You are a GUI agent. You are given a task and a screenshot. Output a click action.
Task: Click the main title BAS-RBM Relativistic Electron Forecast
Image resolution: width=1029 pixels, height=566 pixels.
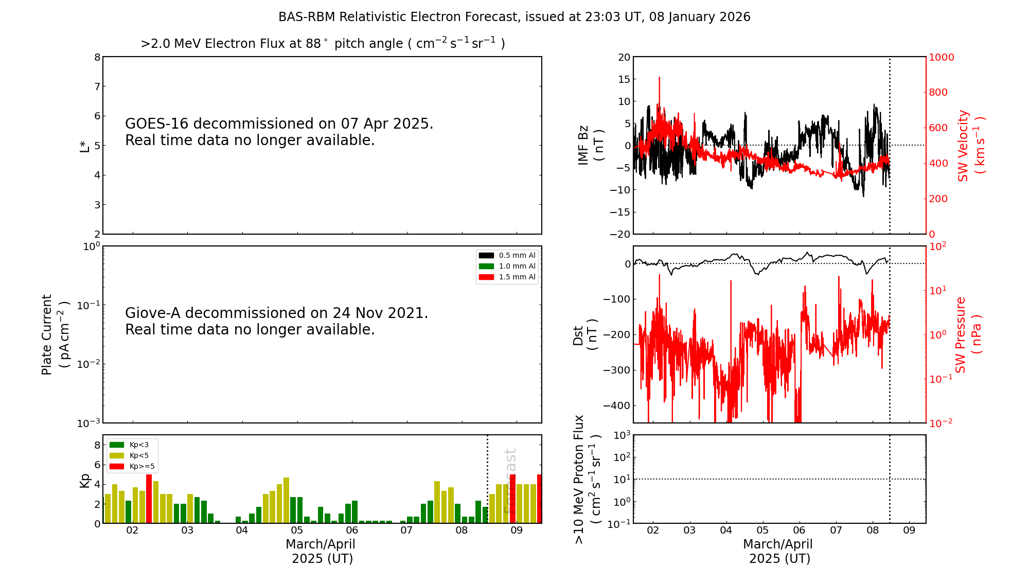point(514,17)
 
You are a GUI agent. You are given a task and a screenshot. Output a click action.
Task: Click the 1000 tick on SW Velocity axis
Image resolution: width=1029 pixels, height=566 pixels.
point(941,57)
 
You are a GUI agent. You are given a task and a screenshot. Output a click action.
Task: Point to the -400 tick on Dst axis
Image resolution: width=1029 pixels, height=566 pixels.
point(616,405)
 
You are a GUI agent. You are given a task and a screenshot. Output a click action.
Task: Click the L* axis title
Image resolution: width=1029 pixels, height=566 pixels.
point(84,146)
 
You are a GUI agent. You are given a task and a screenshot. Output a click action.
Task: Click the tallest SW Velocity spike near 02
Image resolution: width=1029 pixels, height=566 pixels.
point(659,78)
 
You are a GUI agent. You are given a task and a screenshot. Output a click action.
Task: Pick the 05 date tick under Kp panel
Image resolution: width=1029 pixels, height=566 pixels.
point(297,530)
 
